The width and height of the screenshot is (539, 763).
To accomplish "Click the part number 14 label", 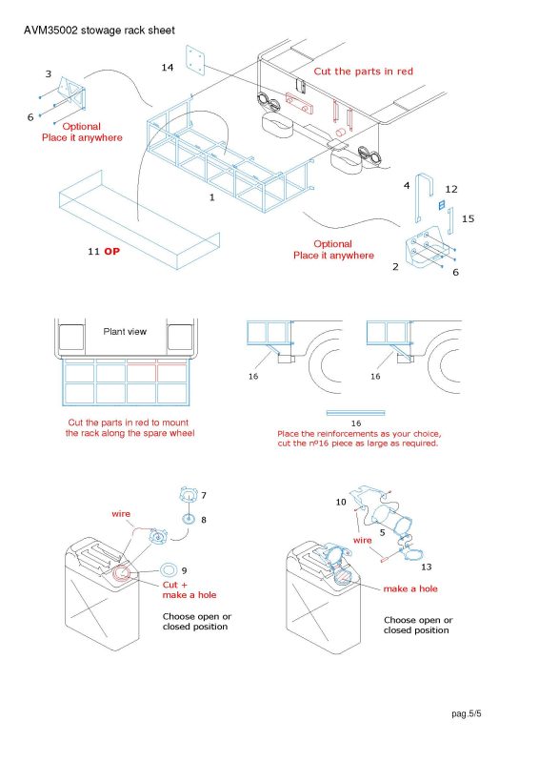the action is [168, 68].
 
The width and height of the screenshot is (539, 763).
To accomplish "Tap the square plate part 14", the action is [195, 60].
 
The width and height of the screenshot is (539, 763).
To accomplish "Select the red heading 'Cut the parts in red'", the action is [363, 72].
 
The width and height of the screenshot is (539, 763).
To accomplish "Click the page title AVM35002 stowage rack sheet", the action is [99, 31].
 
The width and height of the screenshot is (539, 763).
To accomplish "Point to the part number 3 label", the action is [49, 74].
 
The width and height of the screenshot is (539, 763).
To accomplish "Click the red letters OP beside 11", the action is [111, 251].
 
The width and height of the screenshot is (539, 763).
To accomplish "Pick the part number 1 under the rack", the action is [212, 197].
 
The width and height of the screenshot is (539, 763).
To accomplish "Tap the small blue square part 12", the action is [441, 205].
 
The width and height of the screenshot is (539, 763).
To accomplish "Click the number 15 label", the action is [468, 219].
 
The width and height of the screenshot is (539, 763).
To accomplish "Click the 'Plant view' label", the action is [125, 331].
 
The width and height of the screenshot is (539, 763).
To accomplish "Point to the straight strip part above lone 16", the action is [356, 413].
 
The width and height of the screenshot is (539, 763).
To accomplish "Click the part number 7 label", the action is [204, 495].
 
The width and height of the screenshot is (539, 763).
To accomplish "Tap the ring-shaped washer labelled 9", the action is [169, 568].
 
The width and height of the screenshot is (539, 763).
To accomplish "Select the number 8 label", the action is [204, 520].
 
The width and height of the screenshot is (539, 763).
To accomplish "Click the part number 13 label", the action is [427, 567].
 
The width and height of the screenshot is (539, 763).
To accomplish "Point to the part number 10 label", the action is [341, 502].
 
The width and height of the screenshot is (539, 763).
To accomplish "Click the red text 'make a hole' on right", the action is [410, 588].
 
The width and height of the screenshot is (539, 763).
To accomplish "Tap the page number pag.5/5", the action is [467, 714].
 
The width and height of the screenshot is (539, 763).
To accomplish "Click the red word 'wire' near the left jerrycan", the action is [121, 514].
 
